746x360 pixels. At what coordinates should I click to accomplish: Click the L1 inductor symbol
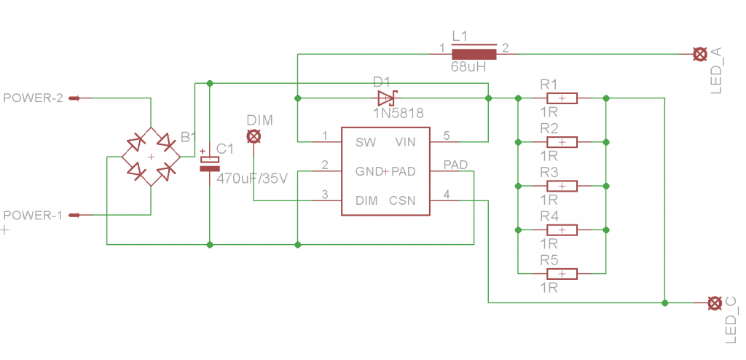tap(474, 54)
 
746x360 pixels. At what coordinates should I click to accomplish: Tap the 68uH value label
tap(468, 67)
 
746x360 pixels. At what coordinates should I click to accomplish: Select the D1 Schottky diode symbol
tap(386, 98)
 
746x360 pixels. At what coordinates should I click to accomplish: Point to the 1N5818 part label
tap(398, 113)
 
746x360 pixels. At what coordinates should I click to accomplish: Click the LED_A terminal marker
tap(700, 54)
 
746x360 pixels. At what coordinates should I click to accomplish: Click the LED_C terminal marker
tap(714, 303)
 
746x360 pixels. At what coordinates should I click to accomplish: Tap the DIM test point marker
tap(254, 137)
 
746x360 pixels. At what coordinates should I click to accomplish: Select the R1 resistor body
tap(562, 98)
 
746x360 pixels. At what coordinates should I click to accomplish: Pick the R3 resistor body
tap(562, 186)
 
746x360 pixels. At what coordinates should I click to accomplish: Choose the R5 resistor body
tap(562, 274)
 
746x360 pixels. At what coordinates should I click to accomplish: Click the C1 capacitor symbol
tap(209, 163)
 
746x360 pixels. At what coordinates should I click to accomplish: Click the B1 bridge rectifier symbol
tap(151, 157)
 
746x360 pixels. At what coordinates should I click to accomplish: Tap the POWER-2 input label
tap(34, 98)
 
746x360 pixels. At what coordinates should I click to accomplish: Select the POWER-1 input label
tap(34, 215)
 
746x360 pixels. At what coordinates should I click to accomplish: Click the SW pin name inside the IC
tap(366, 142)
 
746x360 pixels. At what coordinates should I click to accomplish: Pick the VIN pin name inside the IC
tap(405, 142)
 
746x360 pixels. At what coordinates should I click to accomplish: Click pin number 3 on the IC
tap(325, 195)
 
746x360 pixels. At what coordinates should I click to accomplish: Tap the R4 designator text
tap(549, 216)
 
